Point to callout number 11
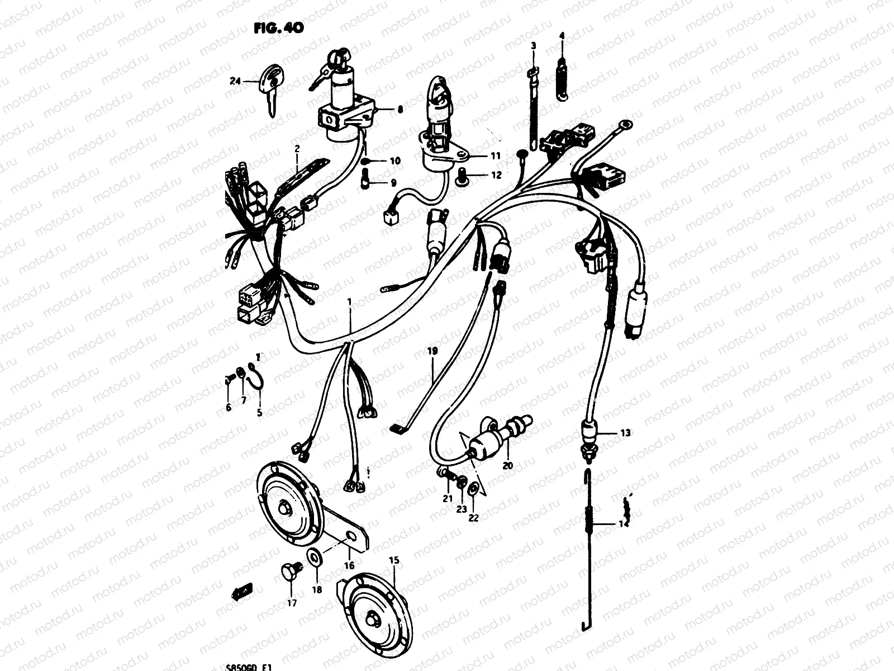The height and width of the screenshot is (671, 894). (x=495, y=155)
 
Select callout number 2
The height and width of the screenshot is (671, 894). (x=297, y=149)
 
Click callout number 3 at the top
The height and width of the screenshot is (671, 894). (x=533, y=45)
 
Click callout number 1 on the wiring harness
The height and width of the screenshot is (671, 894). (x=349, y=303)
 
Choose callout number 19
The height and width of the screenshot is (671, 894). (x=432, y=352)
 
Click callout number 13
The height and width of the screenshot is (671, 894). (x=625, y=432)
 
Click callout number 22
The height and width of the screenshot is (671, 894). (x=473, y=517)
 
